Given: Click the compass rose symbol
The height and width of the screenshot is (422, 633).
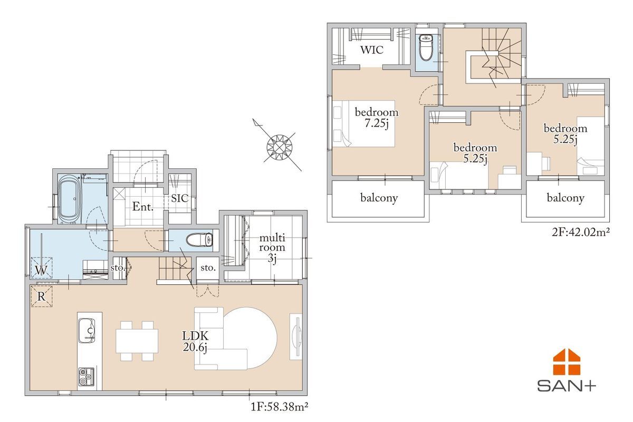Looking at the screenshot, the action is [279, 147].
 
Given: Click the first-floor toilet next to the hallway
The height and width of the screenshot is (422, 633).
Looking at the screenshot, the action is [199, 240].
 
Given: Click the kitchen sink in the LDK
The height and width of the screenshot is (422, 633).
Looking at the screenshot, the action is [87, 330].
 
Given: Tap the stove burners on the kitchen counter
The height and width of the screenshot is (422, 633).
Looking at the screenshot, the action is [87, 376].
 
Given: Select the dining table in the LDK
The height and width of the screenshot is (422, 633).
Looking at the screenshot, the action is [137, 341].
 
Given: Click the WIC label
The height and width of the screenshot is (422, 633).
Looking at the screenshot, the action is [371, 50].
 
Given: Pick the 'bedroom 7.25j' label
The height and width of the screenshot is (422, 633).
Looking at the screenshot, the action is [377, 118].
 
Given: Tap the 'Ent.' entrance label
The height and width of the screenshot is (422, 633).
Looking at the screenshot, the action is [143, 207].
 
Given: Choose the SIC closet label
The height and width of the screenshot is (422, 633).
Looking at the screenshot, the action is [180, 198].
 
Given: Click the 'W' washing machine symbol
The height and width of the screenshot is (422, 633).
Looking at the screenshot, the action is [41, 270].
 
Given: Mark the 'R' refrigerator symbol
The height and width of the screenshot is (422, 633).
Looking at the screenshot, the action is [41, 296].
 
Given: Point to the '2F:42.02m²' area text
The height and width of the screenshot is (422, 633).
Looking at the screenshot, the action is [581, 232].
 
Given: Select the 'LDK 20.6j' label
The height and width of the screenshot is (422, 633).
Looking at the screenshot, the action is [195, 341].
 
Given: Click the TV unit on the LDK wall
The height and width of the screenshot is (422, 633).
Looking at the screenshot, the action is [296, 337].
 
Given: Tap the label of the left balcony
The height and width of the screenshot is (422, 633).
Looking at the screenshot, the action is [379, 198].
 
